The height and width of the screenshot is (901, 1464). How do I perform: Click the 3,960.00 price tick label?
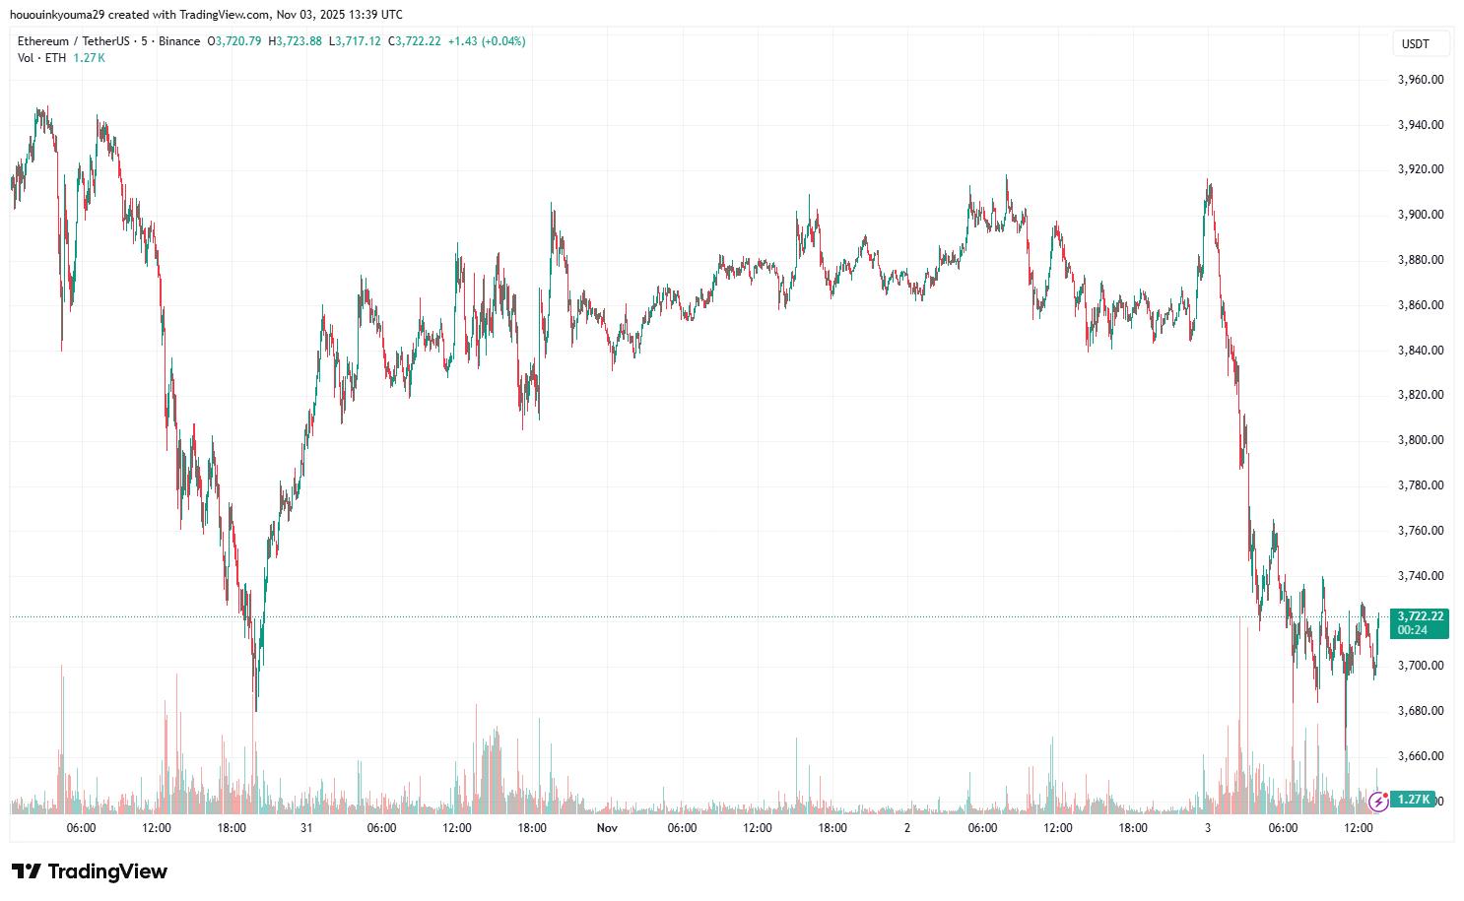click(x=1421, y=80)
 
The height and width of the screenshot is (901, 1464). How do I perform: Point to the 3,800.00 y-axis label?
click(x=1421, y=440)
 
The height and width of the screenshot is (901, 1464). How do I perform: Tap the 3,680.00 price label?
click(x=1421, y=711)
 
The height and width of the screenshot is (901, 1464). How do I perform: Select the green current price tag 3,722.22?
click(x=1419, y=616)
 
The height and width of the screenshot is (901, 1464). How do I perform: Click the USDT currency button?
click(x=1416, y=44)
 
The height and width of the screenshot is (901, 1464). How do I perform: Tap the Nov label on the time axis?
click(x=607, y=828)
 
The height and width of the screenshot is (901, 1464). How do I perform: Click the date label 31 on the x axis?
click(x=306, y=828)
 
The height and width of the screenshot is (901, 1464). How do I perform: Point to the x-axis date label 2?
click(x=907, y=828)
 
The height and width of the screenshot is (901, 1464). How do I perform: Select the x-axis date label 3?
click(x=1208, y=828)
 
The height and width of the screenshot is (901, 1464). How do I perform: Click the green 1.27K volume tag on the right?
click(x=1414, y=799)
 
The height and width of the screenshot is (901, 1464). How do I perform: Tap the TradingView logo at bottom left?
click(x=90, y=871)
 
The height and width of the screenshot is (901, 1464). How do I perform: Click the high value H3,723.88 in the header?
click(x=295, y=41)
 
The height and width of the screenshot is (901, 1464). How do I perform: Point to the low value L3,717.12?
click(x=355, y=41)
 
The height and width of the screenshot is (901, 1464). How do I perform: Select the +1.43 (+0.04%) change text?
click(x=487, y=41)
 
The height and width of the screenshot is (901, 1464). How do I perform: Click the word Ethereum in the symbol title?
click(x=43, y=41)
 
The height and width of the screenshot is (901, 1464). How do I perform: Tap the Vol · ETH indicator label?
click(x=41, y=58)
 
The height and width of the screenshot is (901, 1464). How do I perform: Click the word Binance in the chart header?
click(x=178, y=41)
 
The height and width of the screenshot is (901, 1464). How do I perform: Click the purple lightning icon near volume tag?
click(x=1378, y=801)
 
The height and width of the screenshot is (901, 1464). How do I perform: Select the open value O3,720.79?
click(x=233, y=41)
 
